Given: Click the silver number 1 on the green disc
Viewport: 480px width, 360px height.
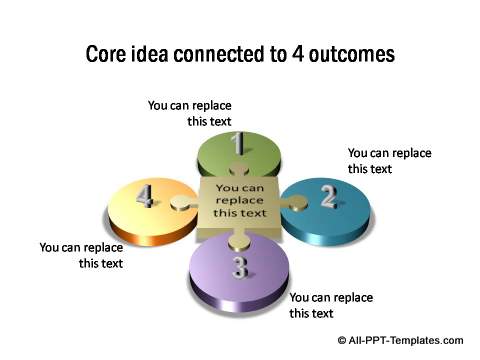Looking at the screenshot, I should (x=238, y=144).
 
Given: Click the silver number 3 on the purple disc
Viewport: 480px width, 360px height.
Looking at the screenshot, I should (x=240, y=266).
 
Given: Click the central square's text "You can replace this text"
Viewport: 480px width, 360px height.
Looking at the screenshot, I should (x=241, y=199).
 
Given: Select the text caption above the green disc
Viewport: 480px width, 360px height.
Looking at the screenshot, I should (x=189, y=112).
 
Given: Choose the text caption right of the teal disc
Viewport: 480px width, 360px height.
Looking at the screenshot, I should (x=389, y=160).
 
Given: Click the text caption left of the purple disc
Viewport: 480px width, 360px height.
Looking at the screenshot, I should (x=81, y=255).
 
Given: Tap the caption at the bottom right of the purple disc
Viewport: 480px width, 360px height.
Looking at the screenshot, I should (x=331, y=305).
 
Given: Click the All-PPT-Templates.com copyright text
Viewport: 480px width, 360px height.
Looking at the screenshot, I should (x=405, y=340).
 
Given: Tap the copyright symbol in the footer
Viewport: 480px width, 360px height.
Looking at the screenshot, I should (x=343, y=340).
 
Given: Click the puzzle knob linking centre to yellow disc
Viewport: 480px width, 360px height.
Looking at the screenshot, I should (x=181, y=203).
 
